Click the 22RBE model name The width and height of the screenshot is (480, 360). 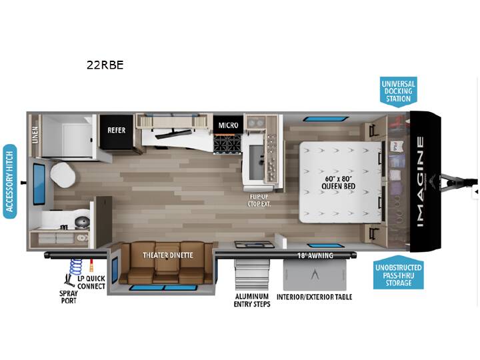tap(105, 65)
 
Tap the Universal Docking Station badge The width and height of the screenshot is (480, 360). tap(398, 91)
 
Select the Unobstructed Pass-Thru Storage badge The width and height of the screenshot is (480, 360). tap(398, 273)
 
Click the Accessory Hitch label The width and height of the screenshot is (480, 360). tap(10, 181)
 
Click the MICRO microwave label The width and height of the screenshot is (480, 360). tap(229, 125)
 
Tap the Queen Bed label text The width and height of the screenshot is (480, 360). tap(338, 183)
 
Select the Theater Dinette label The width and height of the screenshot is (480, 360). tap(168, 255)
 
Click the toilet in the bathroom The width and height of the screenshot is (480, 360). tap(63, 173)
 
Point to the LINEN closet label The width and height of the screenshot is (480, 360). tap(35, 135)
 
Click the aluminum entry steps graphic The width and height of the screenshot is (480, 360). tap(252, 275)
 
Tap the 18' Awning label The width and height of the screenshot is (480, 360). tap(315, 255)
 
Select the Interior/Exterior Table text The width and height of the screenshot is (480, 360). tap(315, 297)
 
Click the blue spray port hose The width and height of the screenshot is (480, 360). tap(75, 266)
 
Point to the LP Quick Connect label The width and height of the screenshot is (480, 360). tap(91, 282)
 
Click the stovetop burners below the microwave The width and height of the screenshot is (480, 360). tap(227, 143)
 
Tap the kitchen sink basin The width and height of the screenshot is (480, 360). tap(256, 163)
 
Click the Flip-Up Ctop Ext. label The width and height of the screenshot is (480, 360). tap(259, 200)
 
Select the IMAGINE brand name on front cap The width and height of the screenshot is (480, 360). tap(421, 181)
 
